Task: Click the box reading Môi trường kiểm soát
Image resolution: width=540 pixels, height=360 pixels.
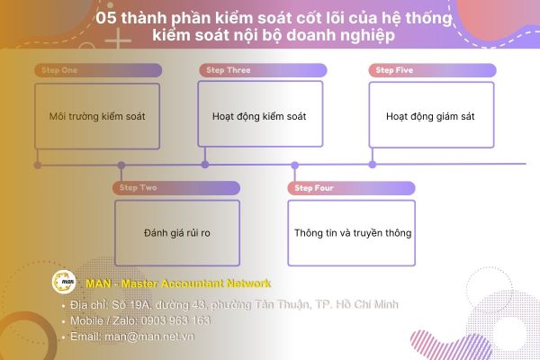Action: pos(97,116)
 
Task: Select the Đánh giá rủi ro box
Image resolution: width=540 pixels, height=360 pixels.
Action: pos(177,233)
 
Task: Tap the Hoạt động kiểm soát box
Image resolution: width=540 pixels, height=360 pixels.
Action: pos(260,116)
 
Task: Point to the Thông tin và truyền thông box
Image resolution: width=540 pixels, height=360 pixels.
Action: pos(352,233)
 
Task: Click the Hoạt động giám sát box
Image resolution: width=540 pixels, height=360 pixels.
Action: pos(431,116)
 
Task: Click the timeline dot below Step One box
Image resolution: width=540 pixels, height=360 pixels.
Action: pos(37,165)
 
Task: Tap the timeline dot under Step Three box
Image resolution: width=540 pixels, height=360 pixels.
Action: pos(205,165)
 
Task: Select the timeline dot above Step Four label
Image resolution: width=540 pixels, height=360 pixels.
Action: pos(293,165)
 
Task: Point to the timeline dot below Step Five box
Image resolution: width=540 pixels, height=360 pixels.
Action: pos(373,165)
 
